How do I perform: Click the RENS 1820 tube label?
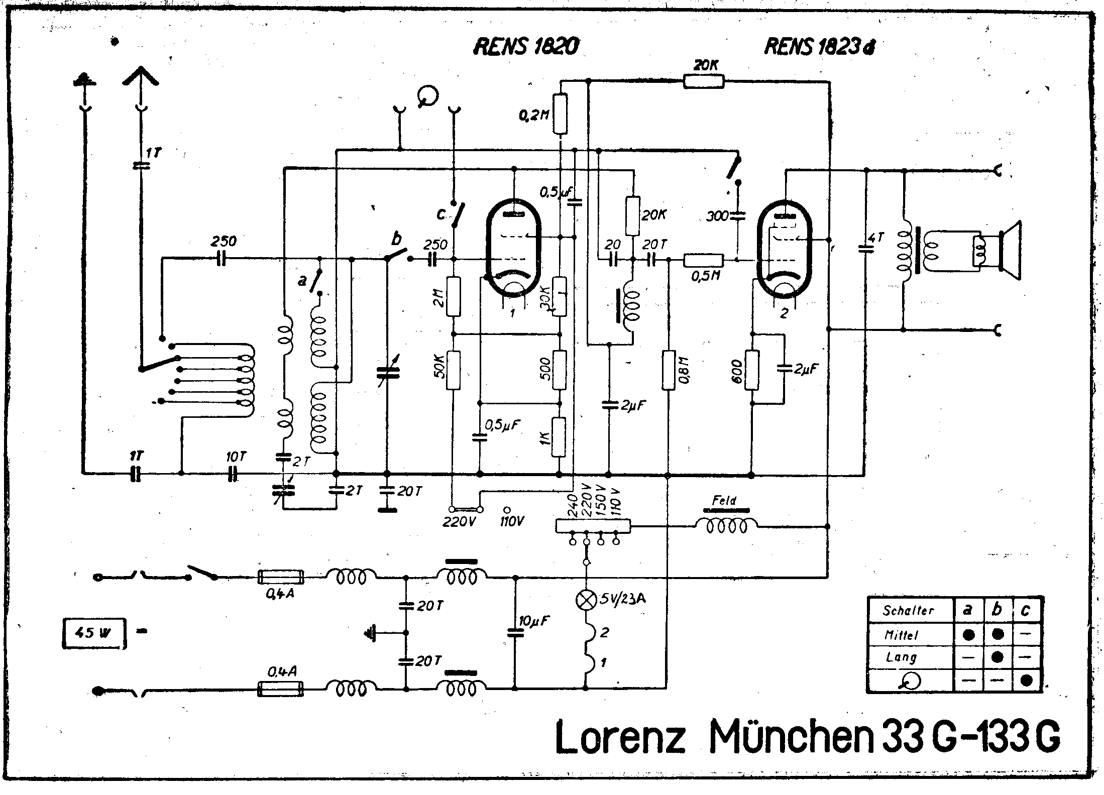pyautogui.click(x=525, y=46)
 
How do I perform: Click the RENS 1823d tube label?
pyautogui.click(x=820, y=47)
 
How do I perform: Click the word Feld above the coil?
pyautogui.click(x=724, y=500)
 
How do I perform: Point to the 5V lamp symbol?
pyautogui.click(x=586, y=601)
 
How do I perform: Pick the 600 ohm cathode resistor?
pyautogui.click(x=752, y=370)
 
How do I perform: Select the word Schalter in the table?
pyautogui.click(x=909, y=611)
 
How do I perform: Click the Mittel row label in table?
pyautogui.click(x=901, y=635)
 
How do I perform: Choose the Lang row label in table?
pyautogui.click(x=901, y=657)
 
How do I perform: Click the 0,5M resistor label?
pyautogui.click(x=706, y=276)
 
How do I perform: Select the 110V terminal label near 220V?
pyautogui.click(x=512, y=522)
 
